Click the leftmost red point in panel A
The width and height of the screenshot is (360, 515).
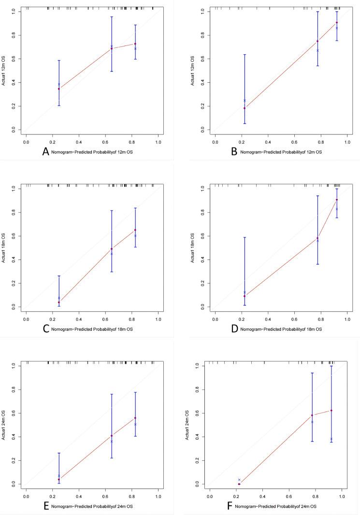point(59,88)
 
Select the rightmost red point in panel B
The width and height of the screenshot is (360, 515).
point(337,22)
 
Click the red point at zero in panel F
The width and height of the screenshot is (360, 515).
point(239,484)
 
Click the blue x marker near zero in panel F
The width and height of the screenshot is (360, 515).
point(239,479)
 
